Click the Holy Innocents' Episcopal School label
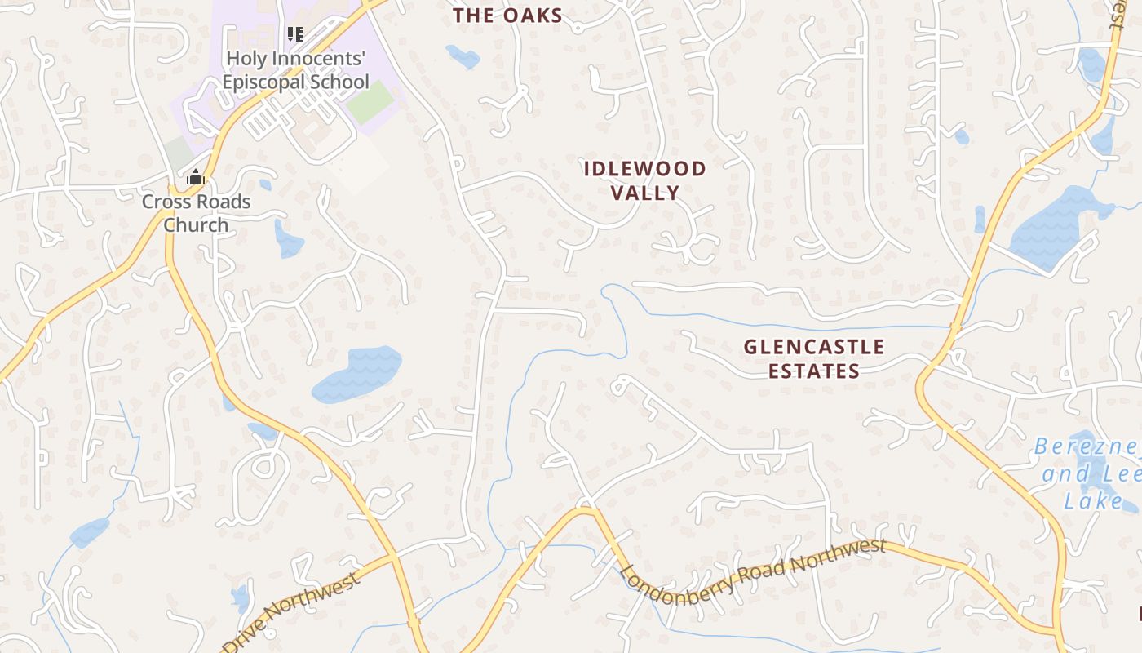coord(295,70)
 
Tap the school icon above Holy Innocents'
coord(295,34)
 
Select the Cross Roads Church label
coord(196,213)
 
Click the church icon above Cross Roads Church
coord(196,177)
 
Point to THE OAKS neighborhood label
coord(508,15)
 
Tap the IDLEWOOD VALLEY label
coord(644,180)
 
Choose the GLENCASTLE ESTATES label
coord(813,358)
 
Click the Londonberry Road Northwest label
coord(752,572)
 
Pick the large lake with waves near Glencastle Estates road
coord(357,374)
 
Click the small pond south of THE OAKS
coord(463,56)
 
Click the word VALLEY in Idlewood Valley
coord(644,193)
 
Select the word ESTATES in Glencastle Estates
coord(813,371)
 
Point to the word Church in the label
coord(196,224)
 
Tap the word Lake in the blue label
coord(1093,500)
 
